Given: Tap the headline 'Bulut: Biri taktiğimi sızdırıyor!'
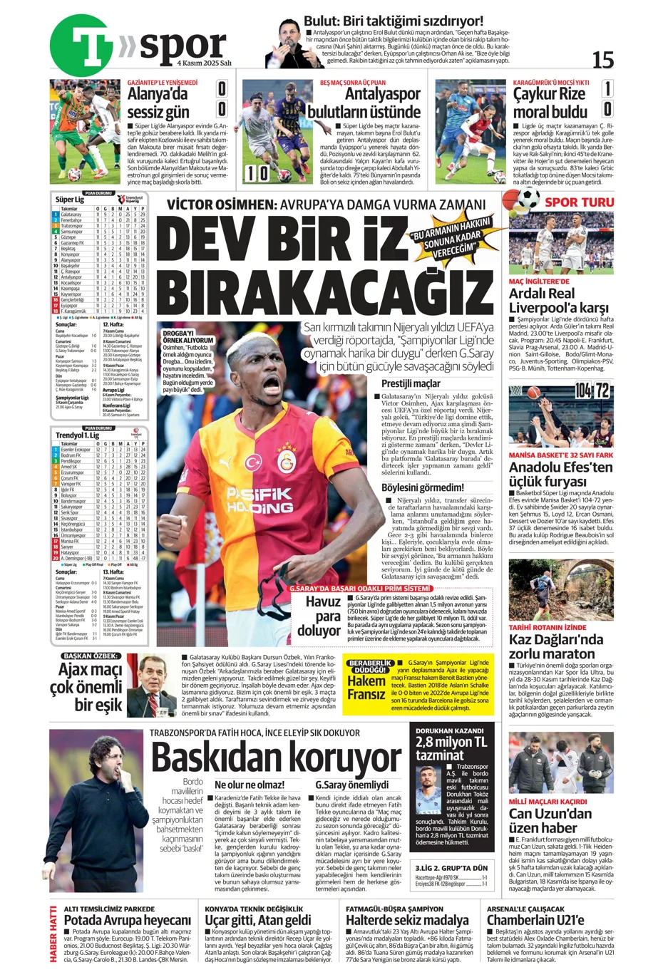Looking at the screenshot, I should click(x=393, y=21).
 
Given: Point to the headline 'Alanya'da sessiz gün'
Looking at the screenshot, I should click(x=158, y=103).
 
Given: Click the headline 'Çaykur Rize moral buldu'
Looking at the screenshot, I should click(x=550, y=103).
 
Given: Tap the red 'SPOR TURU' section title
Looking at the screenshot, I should click(x=579, y=202).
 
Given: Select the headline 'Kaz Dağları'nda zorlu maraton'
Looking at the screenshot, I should click(x=556, y=646).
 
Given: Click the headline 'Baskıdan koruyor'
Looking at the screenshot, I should click(x=275, y=757).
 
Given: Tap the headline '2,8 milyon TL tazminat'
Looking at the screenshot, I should click(x=451, y=748).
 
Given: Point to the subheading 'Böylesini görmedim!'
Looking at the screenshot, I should click(x=422, y=487).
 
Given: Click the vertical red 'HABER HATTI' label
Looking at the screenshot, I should click(x=53, y=934).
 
